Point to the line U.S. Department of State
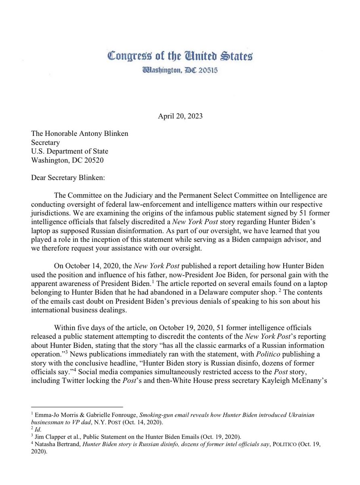point(69,151)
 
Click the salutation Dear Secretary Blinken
point(68,177)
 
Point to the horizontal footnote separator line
point(77,407)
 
